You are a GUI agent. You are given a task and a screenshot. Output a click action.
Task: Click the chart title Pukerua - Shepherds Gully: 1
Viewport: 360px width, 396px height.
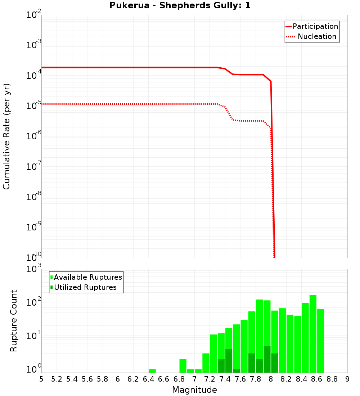[180, 5]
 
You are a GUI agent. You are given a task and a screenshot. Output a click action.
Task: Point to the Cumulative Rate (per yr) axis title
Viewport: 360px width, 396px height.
[6, 136]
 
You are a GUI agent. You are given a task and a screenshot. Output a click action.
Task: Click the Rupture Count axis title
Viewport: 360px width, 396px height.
[14, 321]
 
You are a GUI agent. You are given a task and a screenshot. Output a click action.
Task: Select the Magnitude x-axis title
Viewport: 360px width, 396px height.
[194, 390]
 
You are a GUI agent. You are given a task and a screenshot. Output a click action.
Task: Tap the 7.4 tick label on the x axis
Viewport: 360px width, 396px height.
[225, 379]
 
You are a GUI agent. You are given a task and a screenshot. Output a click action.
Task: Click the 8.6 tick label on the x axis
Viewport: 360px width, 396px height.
[317, 379]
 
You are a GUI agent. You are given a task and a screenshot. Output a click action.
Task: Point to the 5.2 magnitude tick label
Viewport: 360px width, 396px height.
[57, 379]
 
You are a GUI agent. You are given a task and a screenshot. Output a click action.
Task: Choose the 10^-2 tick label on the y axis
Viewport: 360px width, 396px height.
[33, 15]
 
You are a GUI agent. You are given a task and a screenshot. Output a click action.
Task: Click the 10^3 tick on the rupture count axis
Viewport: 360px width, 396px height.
[33, 269]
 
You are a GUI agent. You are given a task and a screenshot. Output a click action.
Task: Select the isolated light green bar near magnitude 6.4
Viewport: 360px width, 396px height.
[152, 371]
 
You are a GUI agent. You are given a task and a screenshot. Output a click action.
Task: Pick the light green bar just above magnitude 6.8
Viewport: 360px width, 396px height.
[183, 366]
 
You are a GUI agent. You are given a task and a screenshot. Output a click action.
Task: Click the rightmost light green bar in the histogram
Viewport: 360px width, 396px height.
[320, 341]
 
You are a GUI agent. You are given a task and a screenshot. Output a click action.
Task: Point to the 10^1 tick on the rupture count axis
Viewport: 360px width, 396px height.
[33, 336]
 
